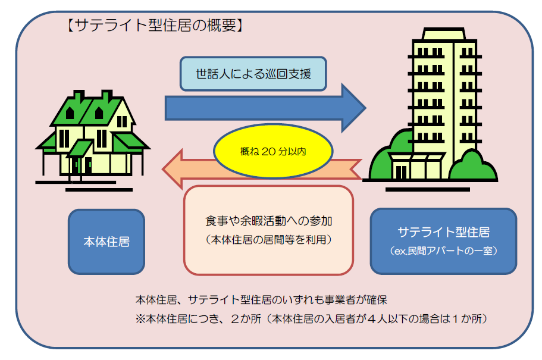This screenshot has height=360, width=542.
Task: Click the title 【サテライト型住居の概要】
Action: click(155, 25)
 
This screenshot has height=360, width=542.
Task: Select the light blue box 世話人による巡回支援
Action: click(253, 74)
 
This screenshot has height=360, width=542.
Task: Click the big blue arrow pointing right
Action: click(265, 108)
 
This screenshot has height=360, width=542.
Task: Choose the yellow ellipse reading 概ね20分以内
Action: click(273, 151)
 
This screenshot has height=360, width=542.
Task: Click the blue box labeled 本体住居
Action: click(106, 242)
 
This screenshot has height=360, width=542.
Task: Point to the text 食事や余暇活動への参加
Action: click(268, 221)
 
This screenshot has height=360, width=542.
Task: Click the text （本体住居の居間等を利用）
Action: click(268, 240)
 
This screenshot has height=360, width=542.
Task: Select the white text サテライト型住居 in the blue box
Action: click(443, 232)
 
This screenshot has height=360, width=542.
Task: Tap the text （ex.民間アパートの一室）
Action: click(443, 251)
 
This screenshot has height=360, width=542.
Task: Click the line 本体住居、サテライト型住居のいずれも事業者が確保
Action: click(261, 299)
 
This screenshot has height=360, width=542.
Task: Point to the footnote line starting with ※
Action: click(312, 318)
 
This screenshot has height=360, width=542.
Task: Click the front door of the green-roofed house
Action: click(88, 166)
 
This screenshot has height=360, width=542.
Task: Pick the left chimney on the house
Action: click(79, 96)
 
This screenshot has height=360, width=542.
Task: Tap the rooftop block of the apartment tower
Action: click(443, 34)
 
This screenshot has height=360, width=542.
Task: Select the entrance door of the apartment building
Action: click(401, 172)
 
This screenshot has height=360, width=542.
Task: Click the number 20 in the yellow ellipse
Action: click(268, 152)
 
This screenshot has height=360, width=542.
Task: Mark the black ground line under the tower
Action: click(428, 189)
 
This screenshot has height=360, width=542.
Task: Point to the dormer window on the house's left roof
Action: click(70, 112)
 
